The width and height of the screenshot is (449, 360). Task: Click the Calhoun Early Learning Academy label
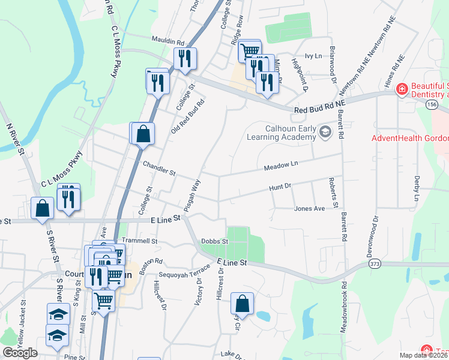point(281,132)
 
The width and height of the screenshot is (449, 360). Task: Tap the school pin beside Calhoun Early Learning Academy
point(325,131)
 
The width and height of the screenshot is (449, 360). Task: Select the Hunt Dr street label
point(280,187)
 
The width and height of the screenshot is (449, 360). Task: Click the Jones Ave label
point(309,209)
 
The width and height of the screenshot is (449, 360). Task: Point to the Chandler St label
point(158,168)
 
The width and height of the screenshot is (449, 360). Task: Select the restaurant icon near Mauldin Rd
point(185,59)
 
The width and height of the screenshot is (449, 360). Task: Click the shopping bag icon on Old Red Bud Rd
point(143,134)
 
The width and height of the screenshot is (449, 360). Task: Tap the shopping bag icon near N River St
point(42,209)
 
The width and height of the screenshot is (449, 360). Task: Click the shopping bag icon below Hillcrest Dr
point(243,304)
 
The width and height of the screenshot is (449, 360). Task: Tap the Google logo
point(20,353)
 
